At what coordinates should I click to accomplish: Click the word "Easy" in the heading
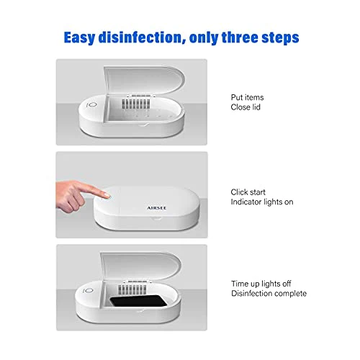click(79, 37)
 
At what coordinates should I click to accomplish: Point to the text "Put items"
click(247, 97)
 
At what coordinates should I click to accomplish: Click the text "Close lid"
click(246, 107)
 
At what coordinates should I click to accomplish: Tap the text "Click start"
click(248, 192)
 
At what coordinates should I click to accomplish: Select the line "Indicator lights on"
click(262, 202)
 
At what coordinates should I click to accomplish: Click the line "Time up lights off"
click(261, 284)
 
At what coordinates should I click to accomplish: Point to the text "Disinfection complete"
click(269, 293)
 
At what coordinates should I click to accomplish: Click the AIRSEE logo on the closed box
click(157, 208)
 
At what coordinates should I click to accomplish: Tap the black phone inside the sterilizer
click(138, 301)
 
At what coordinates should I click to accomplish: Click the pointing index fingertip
click(107, 195)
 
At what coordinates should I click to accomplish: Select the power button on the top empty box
click(93, 104)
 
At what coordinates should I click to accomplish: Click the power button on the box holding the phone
click(89, 290)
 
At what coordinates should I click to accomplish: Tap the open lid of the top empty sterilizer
click(144, 81)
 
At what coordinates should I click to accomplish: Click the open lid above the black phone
click(140, 266)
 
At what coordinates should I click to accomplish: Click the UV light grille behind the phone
click(132, 289)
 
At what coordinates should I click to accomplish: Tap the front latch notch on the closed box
click(156, 218)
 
